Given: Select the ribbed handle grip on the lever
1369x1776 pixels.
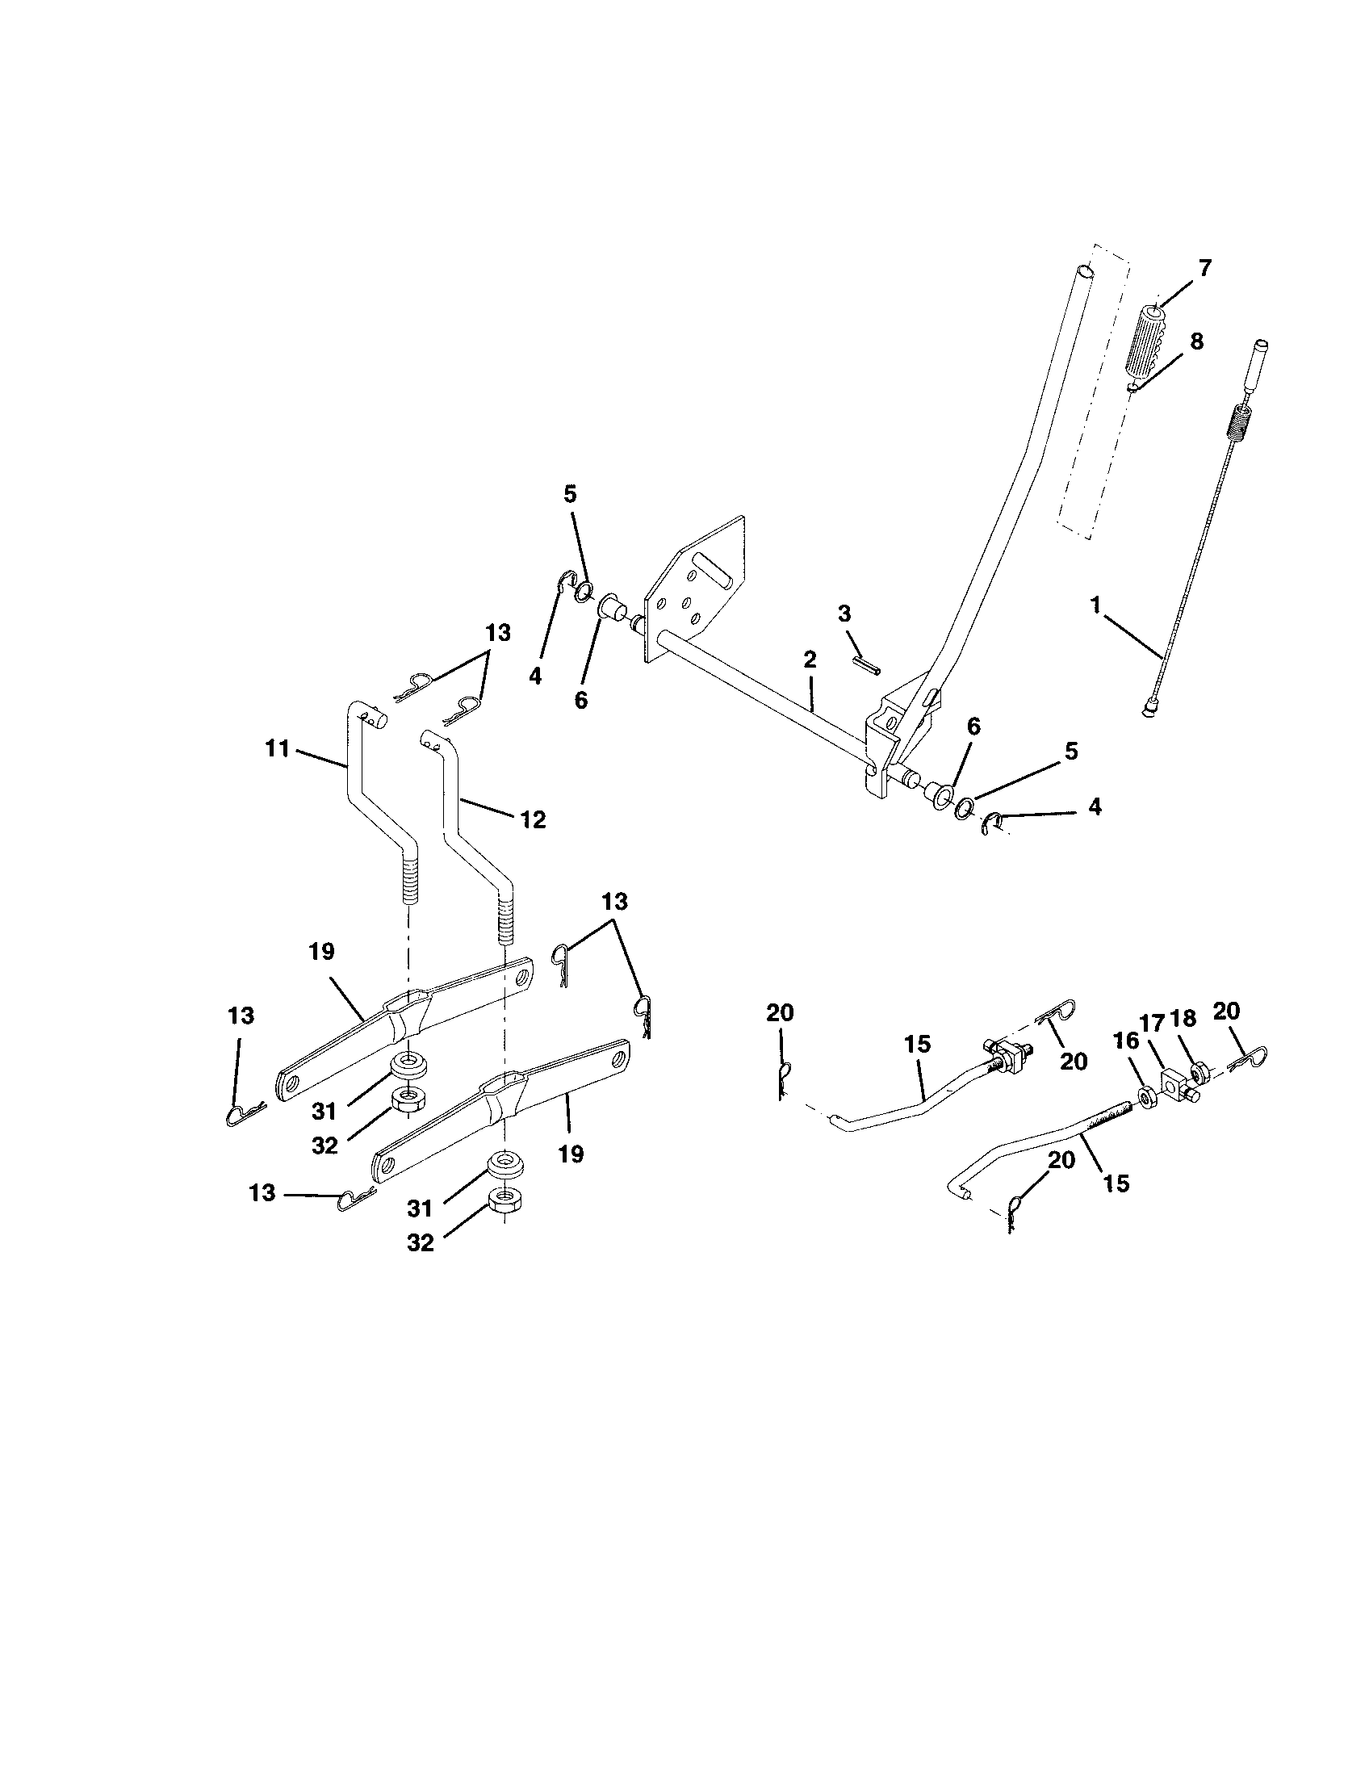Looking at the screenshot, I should pyautogui.click(x=1148, y=341).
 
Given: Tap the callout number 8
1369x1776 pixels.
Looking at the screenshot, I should pyautogui.click(x=1195, y=341).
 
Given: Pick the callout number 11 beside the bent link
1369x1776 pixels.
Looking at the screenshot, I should pyautogui.click(x=277, y=748).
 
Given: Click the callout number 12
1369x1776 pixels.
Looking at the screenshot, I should pyautogui.click(x=534, y=819).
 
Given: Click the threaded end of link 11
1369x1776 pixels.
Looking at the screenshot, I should pyautogui.click(x=410, y=882).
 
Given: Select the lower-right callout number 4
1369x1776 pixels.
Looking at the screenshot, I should pyautogui.click(x=1095, y=807).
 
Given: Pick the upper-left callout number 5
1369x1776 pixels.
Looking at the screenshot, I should pyautogui.click(x=570, y=494).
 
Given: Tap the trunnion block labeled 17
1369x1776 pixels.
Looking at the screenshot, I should pyautogui.click(x=1174, y=1083).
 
